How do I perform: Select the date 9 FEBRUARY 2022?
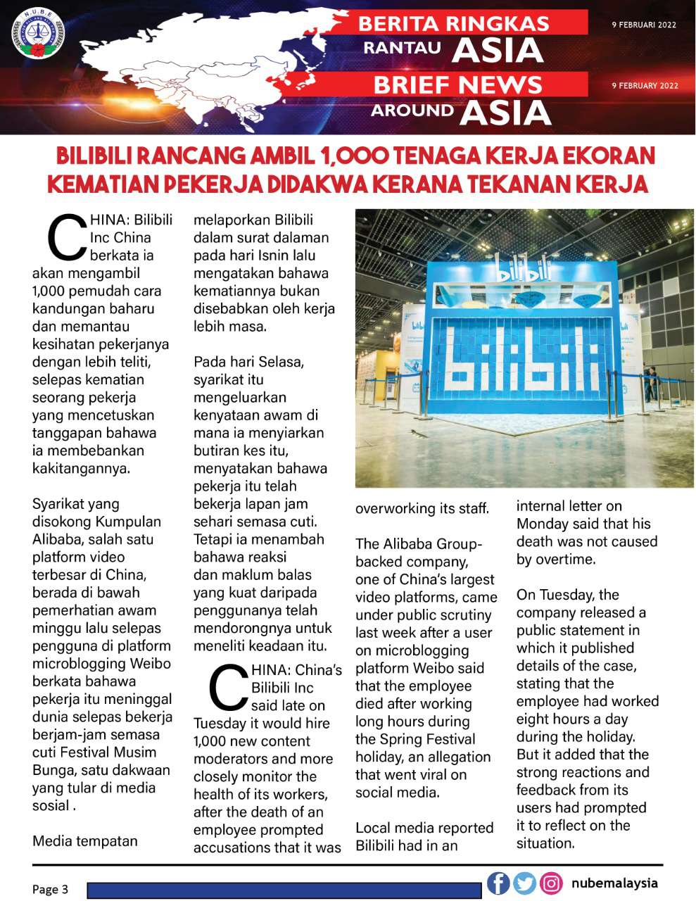[645, 86]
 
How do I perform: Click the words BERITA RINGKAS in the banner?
[453, 23]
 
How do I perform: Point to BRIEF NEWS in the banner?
[457, 85]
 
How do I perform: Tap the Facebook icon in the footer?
[498, 883]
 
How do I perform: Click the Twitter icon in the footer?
[524, 883]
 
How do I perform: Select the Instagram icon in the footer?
[551, 883]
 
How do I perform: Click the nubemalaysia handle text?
[614, 883]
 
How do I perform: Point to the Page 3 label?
[50, 889]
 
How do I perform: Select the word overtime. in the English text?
[565, 560]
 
